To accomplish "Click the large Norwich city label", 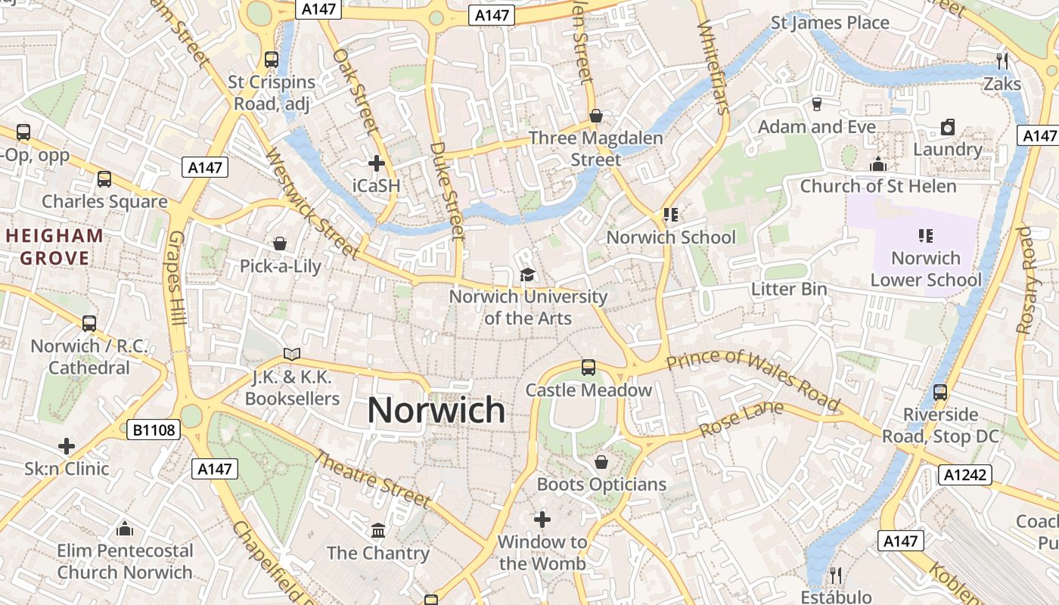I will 436,411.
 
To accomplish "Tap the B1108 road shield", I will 154,430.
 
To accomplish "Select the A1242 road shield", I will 964,474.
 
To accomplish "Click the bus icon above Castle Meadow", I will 588,368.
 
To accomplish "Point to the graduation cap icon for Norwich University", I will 527,275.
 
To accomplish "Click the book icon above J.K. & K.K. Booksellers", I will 291,353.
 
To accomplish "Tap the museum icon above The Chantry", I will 377,529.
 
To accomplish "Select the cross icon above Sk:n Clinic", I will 67,445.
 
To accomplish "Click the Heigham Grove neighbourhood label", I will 54,247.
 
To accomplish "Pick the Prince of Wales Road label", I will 753,380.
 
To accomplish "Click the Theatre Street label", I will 372,478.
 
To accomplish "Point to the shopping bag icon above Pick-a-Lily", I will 280,244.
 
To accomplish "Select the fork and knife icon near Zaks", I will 1002,60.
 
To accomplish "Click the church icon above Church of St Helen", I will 877,163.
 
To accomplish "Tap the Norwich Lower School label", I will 926,268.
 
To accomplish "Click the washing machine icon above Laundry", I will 947,127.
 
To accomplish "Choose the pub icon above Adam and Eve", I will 816,104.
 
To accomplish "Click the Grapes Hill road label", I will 176,278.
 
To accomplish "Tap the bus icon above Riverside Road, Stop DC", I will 940,392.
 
